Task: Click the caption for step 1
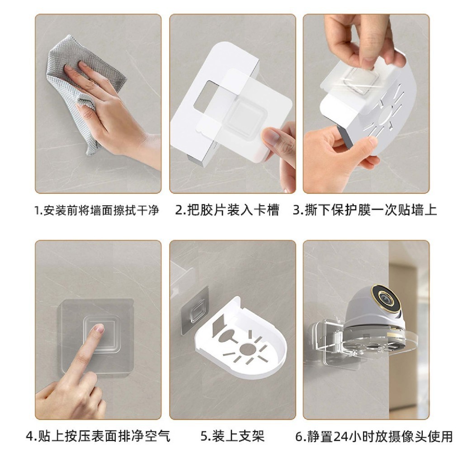[x=97, y=210]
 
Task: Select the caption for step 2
[x=227, y=210]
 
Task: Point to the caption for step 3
[x=365, y=210]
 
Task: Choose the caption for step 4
[x=98, y=436]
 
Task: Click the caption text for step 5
[x=232, y=436]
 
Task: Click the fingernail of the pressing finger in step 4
[x=99, y=328]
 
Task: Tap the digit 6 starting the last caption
[x=299, y=437]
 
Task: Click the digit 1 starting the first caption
[x=37, y=211]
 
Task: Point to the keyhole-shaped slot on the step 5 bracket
[x=228, y=337]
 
